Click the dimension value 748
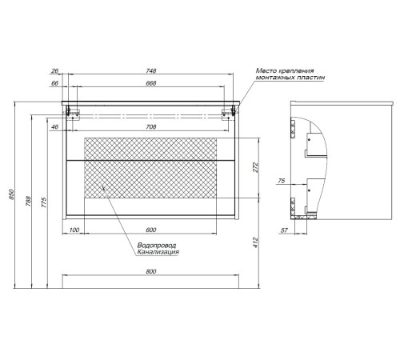(151, 70)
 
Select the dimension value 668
(151, 83)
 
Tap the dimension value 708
(151, 127)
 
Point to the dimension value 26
(54, 70)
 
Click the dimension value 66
(54, 83)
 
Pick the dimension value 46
(54, 127)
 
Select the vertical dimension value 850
(11, 194)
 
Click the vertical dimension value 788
(28, 202)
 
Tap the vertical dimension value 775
(44, 202)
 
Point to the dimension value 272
(255, 167)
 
